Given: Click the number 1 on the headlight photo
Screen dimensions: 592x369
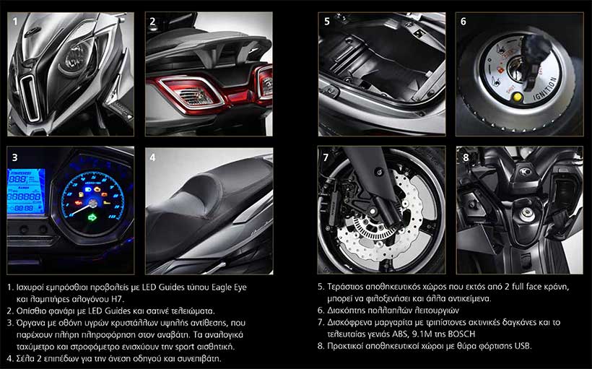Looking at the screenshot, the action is (14, 22).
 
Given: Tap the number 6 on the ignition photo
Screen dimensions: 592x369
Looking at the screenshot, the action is (463, 22).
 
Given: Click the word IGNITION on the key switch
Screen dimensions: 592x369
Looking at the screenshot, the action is (545, 89).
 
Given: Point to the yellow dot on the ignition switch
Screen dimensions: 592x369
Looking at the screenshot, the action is (517, 97).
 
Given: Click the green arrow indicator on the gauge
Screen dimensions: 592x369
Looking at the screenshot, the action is (92, 217).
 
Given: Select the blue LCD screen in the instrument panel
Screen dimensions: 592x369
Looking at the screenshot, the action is (26, 191).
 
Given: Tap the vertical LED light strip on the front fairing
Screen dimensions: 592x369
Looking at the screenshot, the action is (30, 97).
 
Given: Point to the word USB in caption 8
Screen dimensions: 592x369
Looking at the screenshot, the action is (523, 346).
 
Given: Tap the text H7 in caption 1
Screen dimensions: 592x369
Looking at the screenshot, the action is (118, 299).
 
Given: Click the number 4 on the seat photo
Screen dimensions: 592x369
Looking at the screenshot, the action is (152, 157).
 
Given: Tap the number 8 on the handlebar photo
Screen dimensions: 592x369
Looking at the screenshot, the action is (466, 157).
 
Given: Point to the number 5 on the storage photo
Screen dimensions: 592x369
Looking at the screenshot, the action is (327, 22).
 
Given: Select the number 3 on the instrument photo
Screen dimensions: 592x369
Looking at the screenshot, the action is (14, 157).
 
